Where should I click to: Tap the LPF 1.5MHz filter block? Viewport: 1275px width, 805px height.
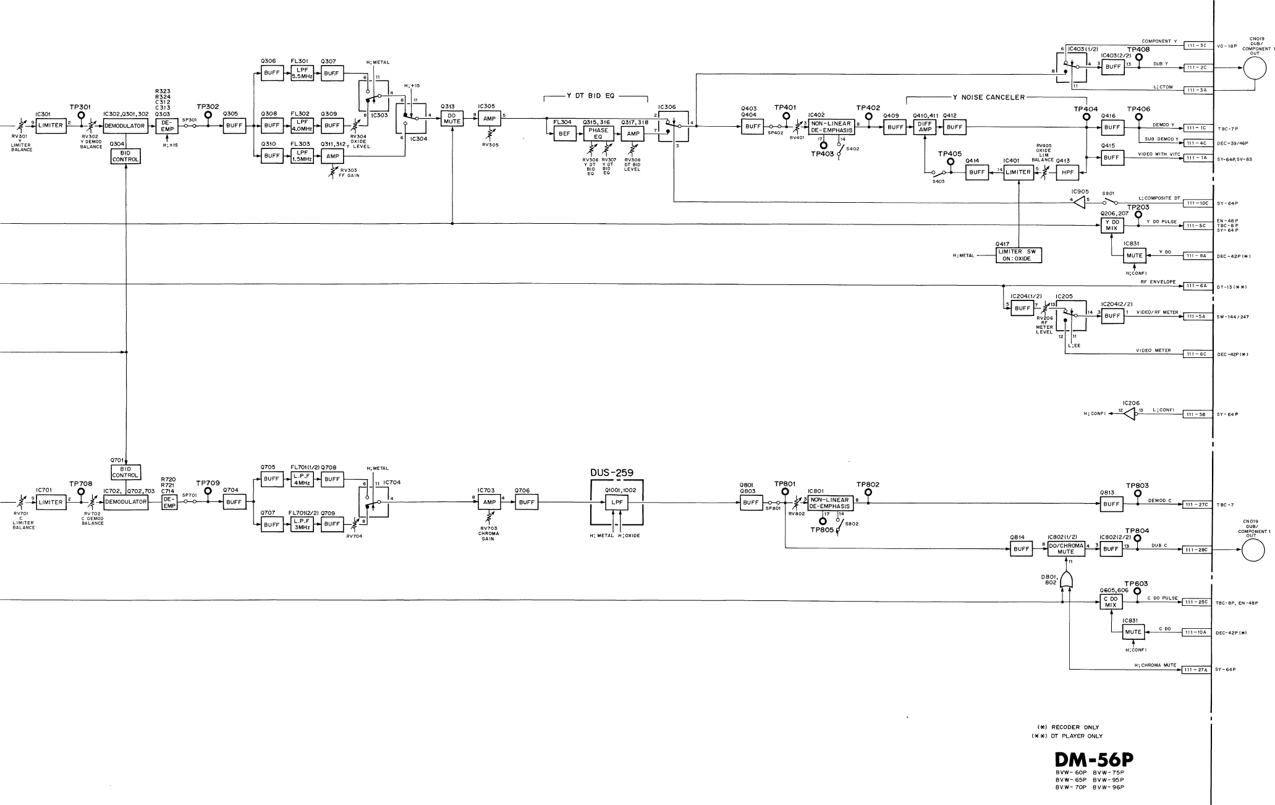pyautogui.click(x=302, y=156)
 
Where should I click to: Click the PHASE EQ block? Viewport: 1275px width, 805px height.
pyautogui.click(x=598, y=134)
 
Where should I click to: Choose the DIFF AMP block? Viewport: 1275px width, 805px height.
pyautogui.click(x=925, y=127)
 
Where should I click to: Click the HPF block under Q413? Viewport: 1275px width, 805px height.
pyautogui.click(x=1066, y=172)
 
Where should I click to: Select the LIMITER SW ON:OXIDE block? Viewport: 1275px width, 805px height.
pyautogui.click(x=1018, y=255)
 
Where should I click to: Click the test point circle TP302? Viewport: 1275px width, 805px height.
pyautogui.click(x=208, y=115)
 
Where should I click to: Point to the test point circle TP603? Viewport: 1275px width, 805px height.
pyautogui.click(x=1137, y=591)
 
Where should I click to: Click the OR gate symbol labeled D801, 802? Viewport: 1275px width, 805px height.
pyautogui.click(x=1066, y=579)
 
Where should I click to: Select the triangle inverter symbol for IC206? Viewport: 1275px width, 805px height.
pyautogui.click(x=1129, y=414)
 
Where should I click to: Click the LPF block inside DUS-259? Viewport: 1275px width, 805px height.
pyautogui.click(x=617, y=503)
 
